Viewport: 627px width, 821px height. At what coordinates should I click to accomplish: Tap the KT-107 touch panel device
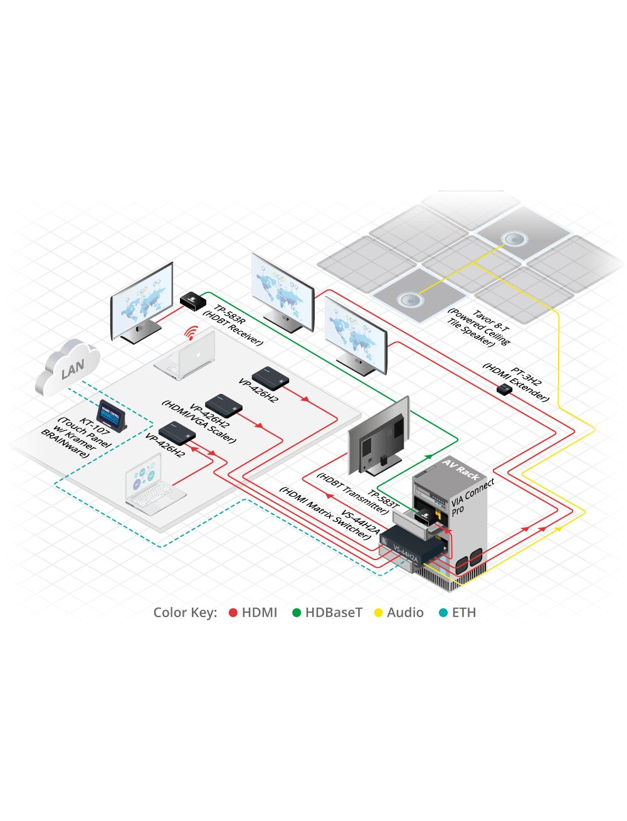113,415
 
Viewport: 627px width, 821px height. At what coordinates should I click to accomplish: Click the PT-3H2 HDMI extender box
503,389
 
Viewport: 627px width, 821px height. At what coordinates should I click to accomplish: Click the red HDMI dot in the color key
233,613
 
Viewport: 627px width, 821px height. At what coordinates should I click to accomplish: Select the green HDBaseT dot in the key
297,613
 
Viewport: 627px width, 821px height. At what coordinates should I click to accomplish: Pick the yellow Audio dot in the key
378,613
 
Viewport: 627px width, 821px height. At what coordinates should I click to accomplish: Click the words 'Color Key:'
185,613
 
